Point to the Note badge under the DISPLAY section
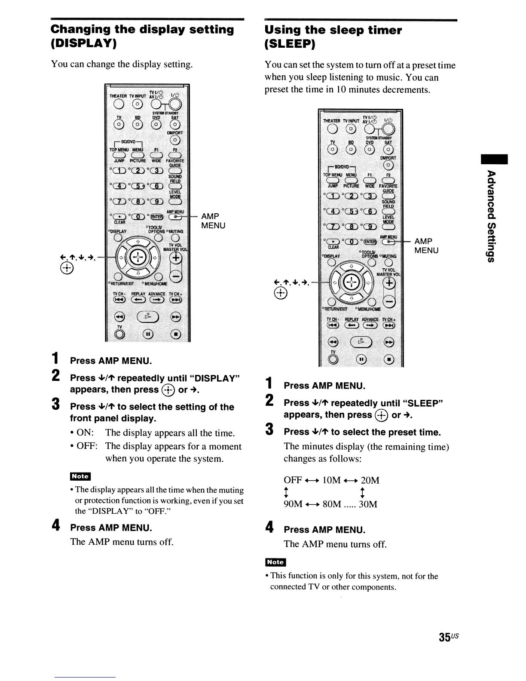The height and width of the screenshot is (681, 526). point(80,476)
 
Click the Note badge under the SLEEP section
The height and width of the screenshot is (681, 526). point(275,562)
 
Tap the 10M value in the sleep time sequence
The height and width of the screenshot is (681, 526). point(331,480)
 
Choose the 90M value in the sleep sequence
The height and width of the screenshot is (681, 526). point(293,504)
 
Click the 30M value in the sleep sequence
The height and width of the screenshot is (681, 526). point(368,504)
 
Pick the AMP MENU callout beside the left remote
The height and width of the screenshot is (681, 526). point(213,221)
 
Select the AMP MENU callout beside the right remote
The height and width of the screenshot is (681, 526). point(426,245)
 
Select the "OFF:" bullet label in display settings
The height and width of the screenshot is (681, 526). point(86,446)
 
